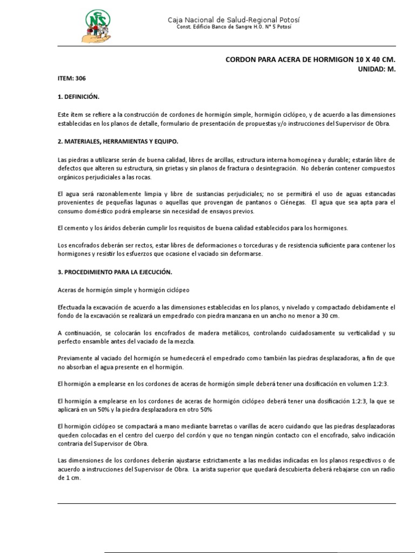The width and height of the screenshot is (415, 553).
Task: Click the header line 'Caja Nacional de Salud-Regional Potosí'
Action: [x=233, y=20]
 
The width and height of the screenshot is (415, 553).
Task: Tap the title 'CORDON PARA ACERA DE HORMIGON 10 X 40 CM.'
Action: [x=311, y=60]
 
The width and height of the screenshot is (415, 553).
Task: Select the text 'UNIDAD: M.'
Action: [x=377, y=69]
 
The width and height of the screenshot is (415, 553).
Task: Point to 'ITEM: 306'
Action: [x=71, y=78]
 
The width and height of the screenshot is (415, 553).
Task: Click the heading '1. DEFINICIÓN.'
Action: [x=79, y=97]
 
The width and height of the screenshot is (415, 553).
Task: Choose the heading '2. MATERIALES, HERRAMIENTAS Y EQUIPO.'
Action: [x=118, y=141]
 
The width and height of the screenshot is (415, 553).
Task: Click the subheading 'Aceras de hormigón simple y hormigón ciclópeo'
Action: [x=124, y=290]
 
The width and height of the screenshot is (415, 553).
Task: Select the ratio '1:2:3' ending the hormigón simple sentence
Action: [x=380, y=383]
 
